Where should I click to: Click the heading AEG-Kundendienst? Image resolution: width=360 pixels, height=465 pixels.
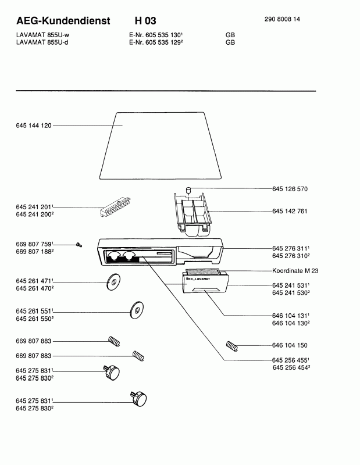point(63,21)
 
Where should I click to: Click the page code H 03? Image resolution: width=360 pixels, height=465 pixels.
point(145,21)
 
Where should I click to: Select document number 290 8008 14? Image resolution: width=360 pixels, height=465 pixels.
point(282,19)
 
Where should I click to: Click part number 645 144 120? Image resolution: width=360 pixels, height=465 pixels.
point(34,126)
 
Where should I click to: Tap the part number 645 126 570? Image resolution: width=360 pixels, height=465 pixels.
point(290,189)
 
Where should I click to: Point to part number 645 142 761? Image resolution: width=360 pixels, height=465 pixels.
point(290,211)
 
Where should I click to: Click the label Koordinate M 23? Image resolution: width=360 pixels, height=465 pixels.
point(295,270)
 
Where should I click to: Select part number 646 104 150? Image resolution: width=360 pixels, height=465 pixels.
point(290,345)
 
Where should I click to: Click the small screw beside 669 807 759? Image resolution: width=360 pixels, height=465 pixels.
point(79,245)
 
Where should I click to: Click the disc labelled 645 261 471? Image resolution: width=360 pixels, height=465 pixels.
point(113,282)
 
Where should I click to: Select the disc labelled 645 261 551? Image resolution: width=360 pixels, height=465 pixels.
point(137,310)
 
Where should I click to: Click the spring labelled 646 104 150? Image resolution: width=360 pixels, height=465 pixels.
point(232,346)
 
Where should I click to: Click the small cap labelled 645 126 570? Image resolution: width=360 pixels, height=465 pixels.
point(188,190)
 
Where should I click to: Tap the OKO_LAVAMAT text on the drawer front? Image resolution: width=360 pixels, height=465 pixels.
point(198,279)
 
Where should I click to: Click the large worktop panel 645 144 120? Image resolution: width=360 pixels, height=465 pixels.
point(161,146)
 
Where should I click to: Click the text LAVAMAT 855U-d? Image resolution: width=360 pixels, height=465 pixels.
point(42,42)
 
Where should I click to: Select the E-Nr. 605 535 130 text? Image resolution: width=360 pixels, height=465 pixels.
point(156,35)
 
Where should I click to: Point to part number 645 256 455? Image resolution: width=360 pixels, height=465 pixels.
point(291,360)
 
